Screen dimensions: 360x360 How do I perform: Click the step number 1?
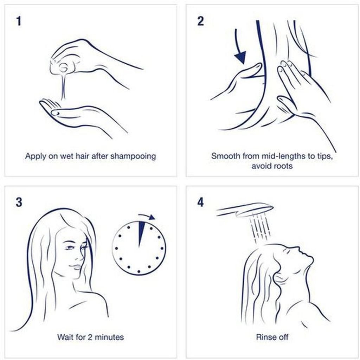19,21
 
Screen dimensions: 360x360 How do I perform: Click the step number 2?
200,21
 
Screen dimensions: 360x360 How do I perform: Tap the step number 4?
200,202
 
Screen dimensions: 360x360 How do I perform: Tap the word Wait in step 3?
65,337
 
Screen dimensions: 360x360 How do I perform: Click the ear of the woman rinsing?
279,277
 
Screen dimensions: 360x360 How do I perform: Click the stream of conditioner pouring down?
63,86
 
